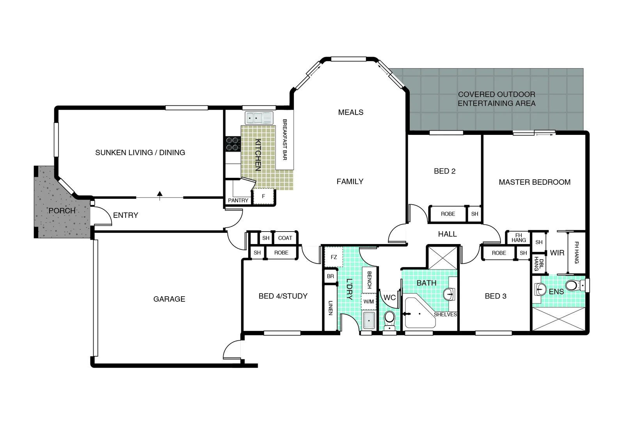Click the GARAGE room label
click(x=169, y=299)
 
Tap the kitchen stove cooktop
click(x=233, y=143)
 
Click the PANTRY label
click(x=238, y=200)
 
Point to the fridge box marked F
click(x=263, y=196)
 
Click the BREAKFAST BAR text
click(x=284, y=140)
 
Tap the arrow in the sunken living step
click(x=160, y=194)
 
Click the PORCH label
click(x=62, y=210)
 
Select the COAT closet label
click(x=285, y=238)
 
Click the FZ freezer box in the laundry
click(x=334, y=257)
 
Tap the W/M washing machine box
click(x=368, y=301)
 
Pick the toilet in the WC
click(x=389, y=319)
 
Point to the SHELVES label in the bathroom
click(x=445, y=314)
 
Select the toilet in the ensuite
click(x=573, y=286)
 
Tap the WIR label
click(x=557, y=253)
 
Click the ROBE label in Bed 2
click(x=448, y=214)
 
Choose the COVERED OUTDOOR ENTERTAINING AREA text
click(x=496, y=99)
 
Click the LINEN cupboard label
click(x=330, y=308)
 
